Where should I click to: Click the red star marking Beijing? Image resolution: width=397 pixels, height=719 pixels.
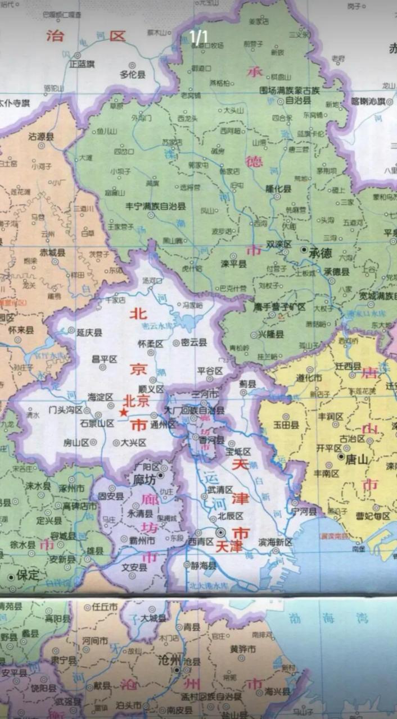tap(123, 412)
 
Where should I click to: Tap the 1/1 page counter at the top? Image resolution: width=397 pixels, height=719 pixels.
tap(198, 37)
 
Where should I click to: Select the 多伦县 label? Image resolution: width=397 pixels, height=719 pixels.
tap(132, 74)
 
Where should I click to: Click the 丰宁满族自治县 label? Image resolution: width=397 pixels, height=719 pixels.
tap(155, 206)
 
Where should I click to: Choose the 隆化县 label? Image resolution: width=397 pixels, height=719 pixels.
tap(279, 189)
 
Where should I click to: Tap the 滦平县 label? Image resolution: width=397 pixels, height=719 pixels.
tap(233, 263)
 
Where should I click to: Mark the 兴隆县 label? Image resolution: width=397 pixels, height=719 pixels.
tap(271, 334)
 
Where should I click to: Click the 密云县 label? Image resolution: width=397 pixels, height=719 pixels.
tap(193, 342)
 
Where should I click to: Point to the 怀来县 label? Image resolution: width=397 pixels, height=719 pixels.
tap(21, 330)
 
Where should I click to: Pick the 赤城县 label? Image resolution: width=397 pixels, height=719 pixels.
tap(52, 252)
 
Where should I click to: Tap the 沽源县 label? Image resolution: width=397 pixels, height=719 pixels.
tap(41, 136)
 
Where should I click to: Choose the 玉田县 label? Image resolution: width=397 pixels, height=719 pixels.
tap(286, 426)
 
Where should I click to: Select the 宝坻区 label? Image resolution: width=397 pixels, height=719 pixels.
tap(238, 452)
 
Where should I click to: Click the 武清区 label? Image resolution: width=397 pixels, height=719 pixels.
tap(220, 489)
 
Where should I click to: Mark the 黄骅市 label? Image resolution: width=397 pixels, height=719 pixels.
tap(243, 649)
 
